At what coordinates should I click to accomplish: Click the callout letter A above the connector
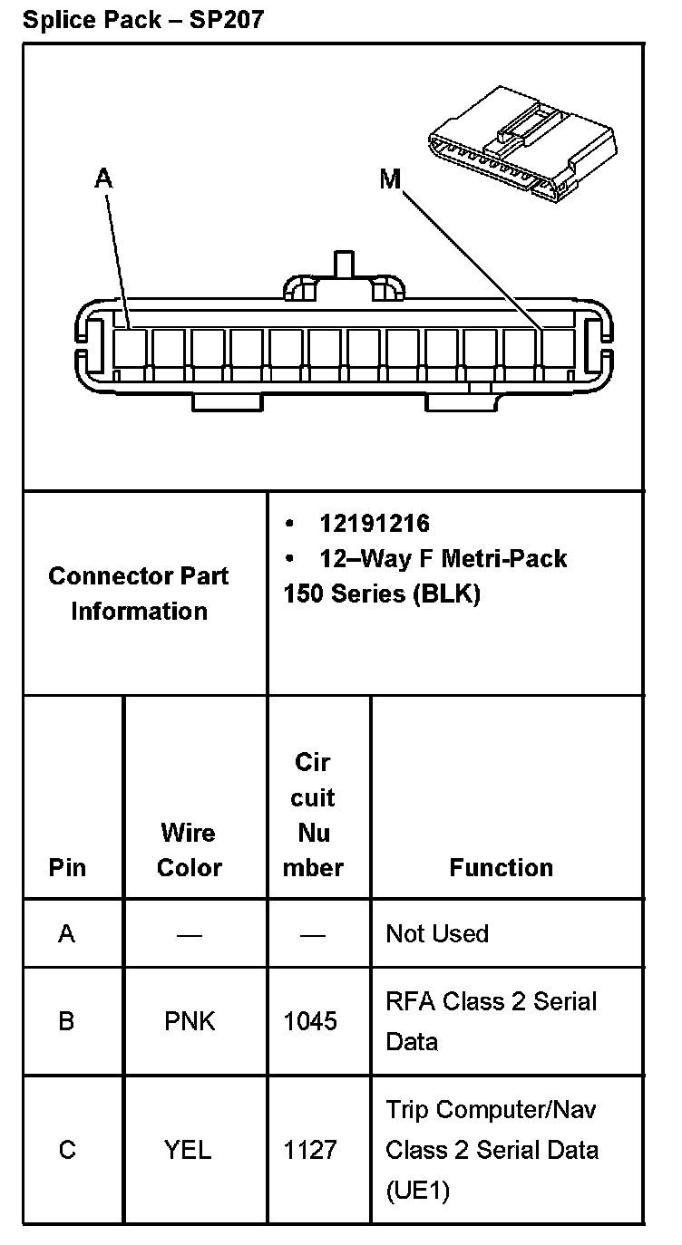click(x=104, y=179)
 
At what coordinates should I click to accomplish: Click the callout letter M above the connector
click(x=389, y=179)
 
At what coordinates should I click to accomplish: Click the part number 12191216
click(x=374, y=524)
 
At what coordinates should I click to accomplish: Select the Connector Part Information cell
click(x=139, y=594)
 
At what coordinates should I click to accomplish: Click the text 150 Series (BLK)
click(x=381, y=594)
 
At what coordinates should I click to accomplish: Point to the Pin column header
click(x=67, y=867)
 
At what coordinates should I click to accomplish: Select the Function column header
click(x=501, y=867)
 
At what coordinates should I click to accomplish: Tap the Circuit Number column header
click(x=314, y=815)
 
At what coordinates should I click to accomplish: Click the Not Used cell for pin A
click(x=437, y=933)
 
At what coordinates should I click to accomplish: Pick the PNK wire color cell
click(x=190, y=1021)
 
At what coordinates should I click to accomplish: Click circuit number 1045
click(x=310, y=1021)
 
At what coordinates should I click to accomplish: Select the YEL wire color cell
click(x=188, y=1150)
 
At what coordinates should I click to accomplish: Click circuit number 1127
click(x=310, y=1150)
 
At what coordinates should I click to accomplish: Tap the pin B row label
click(x=66, y=1021)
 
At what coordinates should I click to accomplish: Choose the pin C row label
click(x=67, y=1150)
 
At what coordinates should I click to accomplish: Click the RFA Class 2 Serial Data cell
click(x=491, y=1021)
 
